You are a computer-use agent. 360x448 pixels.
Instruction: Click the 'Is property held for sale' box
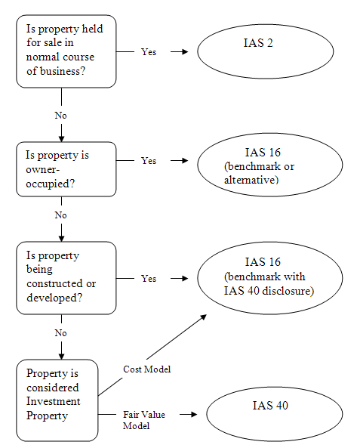[x=66, y=51]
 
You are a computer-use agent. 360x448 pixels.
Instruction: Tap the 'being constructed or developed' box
[x=66, y=277]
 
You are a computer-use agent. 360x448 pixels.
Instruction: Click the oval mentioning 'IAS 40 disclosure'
[x=265, y=277]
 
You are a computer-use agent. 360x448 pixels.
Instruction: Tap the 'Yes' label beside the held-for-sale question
[x=149, y=52]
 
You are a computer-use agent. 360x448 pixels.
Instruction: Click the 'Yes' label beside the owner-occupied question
[x=149, y=161]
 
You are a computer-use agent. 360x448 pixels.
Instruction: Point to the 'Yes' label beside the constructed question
[x=149, y=278]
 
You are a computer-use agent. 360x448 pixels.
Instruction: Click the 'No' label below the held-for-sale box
[x=60, y=115]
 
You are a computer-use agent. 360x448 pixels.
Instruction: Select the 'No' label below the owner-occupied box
[x=60, y=215]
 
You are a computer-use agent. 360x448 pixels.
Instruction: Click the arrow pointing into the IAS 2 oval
[x=179, y=52]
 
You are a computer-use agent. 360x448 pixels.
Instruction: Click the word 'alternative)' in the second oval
[x=251, y=180]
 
